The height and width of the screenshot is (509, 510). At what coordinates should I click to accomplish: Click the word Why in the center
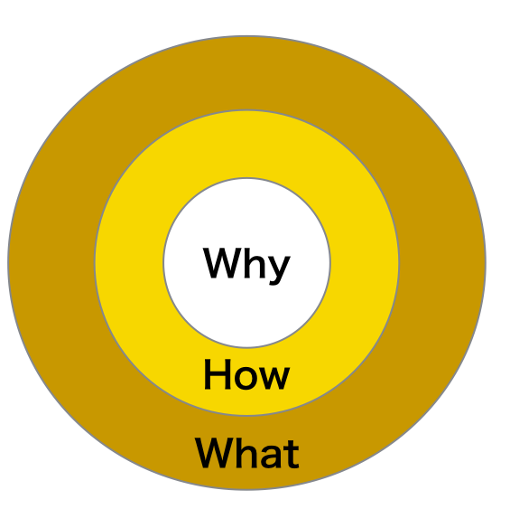click(246, 266)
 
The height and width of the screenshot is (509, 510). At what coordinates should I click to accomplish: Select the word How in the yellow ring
click(246, 374)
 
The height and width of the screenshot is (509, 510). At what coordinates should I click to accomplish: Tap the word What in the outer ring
click(246, 453)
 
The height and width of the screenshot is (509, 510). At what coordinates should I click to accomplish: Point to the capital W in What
click(214, 453)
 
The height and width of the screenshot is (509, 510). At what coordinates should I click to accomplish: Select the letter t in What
click(291, 455)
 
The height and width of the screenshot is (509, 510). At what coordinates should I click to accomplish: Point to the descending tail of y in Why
click(274, 281)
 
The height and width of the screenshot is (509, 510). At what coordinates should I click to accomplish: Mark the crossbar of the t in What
click(290, 448)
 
